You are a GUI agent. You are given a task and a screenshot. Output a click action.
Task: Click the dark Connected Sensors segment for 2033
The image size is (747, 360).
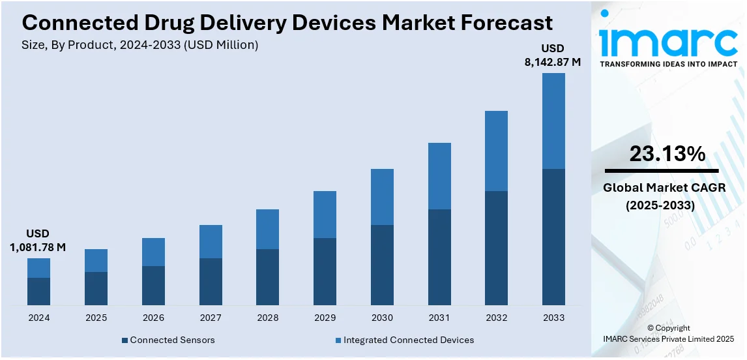[x=553, y=237]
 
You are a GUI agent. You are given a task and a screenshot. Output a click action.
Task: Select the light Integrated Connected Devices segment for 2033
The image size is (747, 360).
[x=553, y=121]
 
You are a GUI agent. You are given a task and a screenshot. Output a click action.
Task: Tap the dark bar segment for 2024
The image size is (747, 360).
[x=38, y=292]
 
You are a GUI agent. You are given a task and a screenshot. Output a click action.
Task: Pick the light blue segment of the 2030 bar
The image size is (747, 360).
[x=382, y=197]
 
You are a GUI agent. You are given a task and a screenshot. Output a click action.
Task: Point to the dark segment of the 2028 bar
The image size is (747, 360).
[x=267, y=277]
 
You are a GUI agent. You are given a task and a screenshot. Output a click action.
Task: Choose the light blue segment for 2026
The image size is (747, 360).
[x=153, y=252]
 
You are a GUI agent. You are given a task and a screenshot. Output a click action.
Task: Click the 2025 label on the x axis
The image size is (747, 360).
[x=96, y=318]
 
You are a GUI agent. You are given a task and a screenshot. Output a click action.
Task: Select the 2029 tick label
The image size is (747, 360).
[x=325, y=318]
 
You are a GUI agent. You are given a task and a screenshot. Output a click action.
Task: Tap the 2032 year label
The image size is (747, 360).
[x=496, y=318]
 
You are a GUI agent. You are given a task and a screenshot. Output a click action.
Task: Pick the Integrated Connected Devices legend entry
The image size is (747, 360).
[x=404, y=340]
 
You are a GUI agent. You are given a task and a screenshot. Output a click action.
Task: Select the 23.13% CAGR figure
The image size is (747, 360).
[x=667, y=154]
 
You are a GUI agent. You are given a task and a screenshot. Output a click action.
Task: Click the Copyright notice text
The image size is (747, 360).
[x=669, y=328]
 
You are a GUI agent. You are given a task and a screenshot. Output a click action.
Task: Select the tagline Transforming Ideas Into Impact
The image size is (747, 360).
[x=668, y=64]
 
